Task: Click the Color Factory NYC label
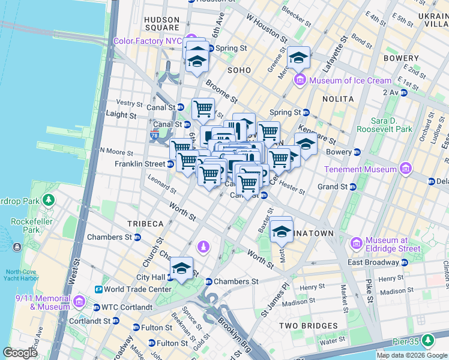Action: (x=147, y=41)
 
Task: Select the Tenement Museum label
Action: (x=361, y=169)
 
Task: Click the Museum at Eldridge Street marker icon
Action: (x=356, y=243)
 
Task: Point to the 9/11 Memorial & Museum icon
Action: (x=79, y=301)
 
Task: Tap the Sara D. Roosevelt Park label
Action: (x=384, y=124)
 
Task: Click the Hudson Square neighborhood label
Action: (x=162, y=23)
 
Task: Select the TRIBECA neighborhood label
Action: (x=145, y=223)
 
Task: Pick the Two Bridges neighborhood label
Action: (x=308, y=326)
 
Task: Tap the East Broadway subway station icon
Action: (x=405, y=262)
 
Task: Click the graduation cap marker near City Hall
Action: (x=181, y=269)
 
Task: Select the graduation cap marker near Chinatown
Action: (x=280, y=230)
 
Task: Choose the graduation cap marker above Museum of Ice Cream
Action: (x=298, y=58)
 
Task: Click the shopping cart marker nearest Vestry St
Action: (x=203, y=109)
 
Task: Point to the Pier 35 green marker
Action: (x=427, y=341)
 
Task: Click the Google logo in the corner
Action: (x=20, y=352)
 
